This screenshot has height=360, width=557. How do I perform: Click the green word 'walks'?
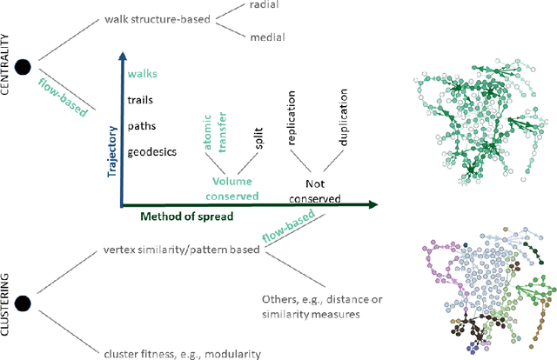pos(143,75)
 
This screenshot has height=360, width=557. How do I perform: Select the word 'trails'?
pos(141,100)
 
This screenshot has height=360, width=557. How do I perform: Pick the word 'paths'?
pos(143,125)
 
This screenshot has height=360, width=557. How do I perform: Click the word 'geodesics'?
pos(152,151)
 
